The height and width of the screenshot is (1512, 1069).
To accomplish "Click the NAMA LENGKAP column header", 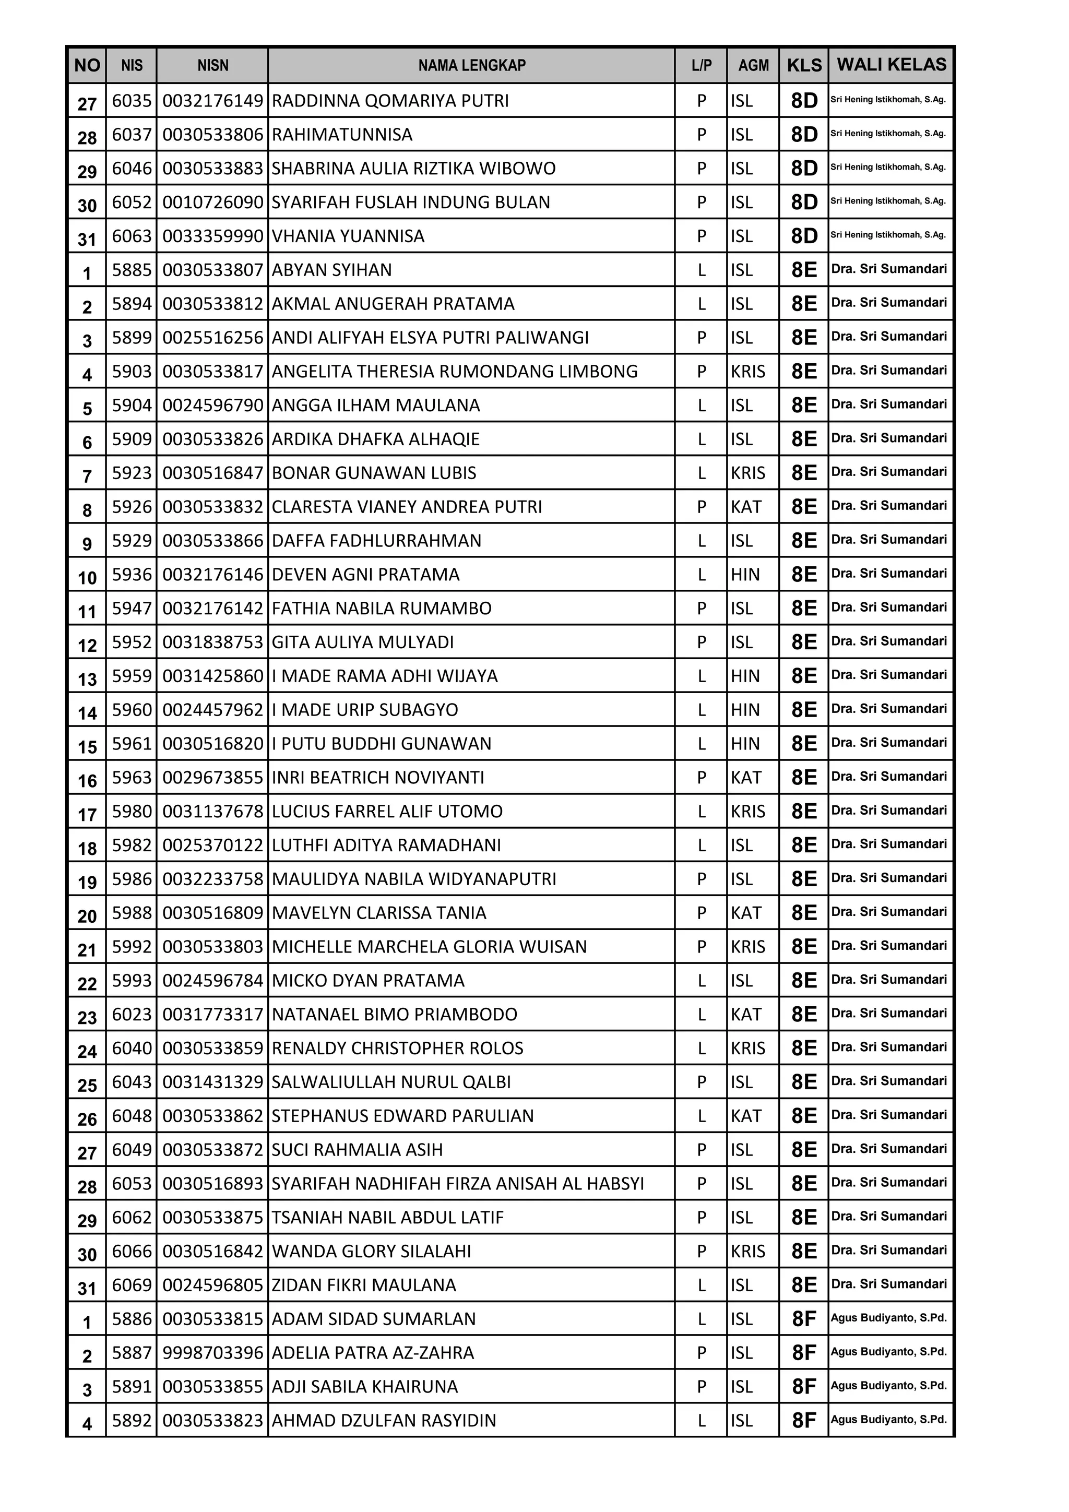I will click(x=471, y=65).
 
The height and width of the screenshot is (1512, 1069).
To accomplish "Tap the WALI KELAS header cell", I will click(x=891, y=65).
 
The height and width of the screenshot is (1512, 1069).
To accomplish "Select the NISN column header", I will click(x=213, y=65).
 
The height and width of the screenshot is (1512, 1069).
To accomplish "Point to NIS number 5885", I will click(x=132, y=270).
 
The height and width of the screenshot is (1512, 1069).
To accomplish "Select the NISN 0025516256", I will click(x=213, y=338).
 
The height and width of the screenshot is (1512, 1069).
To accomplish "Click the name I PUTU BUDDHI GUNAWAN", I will click(x=382, y=744).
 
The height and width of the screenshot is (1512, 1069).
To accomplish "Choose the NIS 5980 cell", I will click(x=132, y=811).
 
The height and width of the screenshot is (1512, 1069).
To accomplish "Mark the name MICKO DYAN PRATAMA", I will click(x=368, y=981).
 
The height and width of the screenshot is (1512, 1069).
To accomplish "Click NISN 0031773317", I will click(x=213, y=1015).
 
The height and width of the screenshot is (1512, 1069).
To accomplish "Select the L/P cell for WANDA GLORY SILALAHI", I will click(x=702, y=1251).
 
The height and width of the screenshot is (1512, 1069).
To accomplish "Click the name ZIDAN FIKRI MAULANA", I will click(x=364, y=1285).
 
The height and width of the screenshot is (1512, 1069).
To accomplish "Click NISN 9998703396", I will click(x=213, y=1353).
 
